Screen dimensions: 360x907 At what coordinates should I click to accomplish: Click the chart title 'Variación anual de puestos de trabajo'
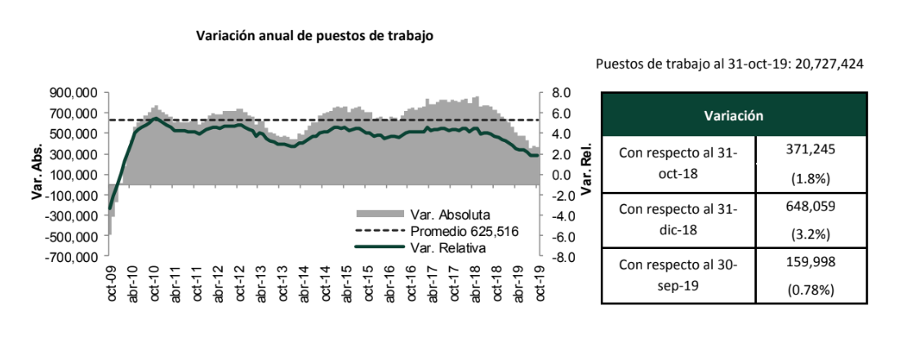315,37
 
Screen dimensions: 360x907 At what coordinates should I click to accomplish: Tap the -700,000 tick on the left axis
73,257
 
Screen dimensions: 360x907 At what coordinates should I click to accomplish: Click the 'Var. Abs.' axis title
37,175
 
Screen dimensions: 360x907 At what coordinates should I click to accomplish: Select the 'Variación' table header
733,116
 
